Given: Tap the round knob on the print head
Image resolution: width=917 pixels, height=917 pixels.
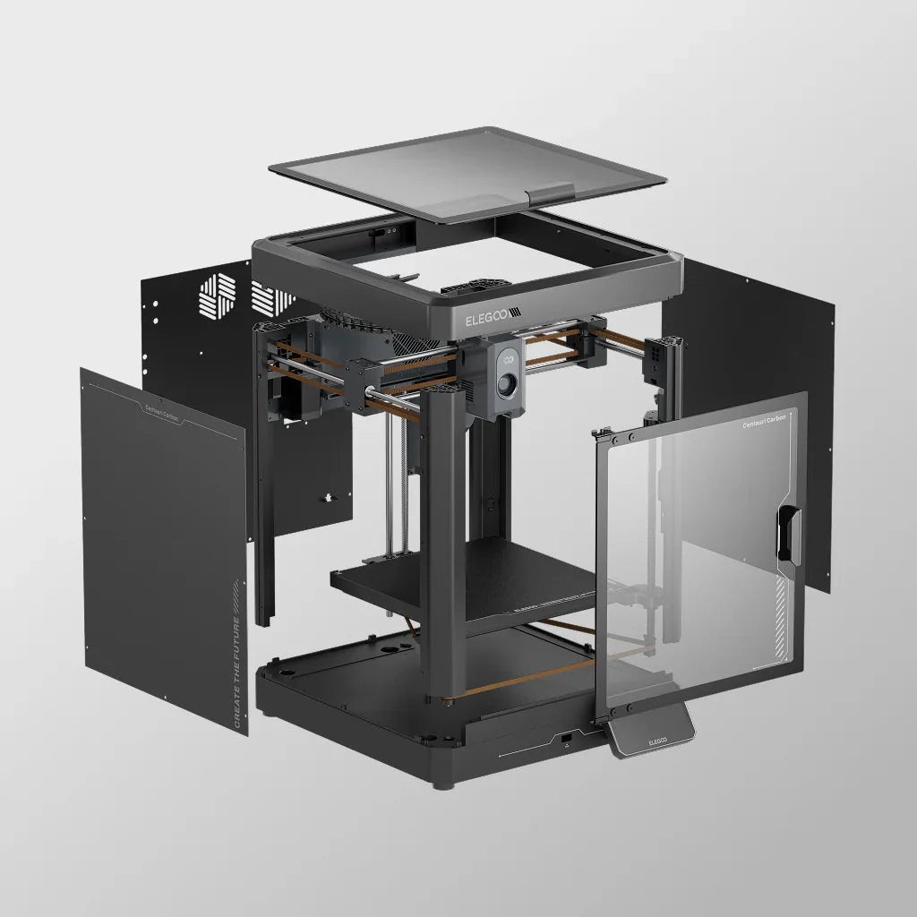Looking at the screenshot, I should pyautogui.click(x=508, y=385).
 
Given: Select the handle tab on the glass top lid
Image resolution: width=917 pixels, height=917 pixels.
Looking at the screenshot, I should pyautogui.click(x=551, y=193).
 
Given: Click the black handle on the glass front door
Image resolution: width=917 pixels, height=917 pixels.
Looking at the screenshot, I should pyautogui.click(x=788, y=534).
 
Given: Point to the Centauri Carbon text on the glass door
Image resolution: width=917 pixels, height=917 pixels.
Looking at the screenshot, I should pyautogui.click(x=764, y=424).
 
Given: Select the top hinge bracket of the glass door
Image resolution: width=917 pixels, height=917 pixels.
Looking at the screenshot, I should pyautogui.click(x=607, y=437).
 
